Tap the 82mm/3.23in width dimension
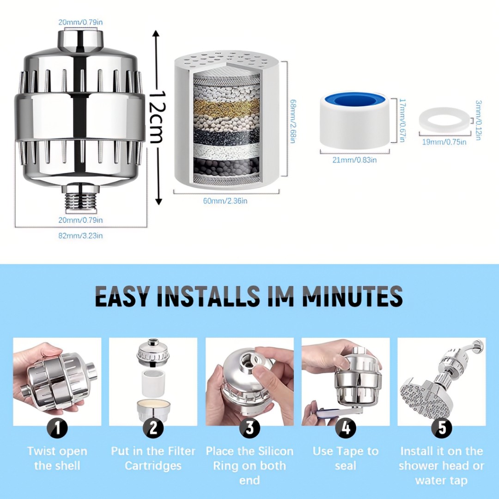pyautogui.click(x=80, y=236)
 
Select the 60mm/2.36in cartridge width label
pyautogui.click(x=225, y=201)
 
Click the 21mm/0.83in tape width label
pyautogui.click(x=354, y=160)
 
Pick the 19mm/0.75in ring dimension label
pyautogui.click(x=444, y=142)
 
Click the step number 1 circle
pyautogui.click(x=58, y=428)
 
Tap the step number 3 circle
pyautogui.click(x=250, y=428)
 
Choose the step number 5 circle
pyautogui.click(x=442, y=428)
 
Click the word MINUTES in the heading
pyautogui.click(x=352, y=296)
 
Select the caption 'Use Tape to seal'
pyautogui.click(x=346, y=459)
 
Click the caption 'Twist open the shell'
pyautogui.click(x=57, y=459)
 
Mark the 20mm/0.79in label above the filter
pyautogui.click(x=80, y=22)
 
